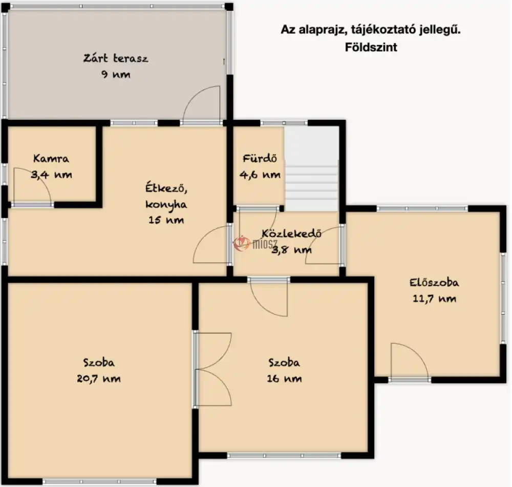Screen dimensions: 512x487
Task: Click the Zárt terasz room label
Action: pos(116,58)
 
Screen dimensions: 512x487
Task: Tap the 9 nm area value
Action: pos(116,74)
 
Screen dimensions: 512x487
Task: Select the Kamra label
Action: pos(51,159)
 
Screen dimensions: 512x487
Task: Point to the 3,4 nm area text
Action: pos(51,175)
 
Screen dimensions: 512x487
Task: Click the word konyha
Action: pos(166,205)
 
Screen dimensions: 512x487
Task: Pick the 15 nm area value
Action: pos(166,220)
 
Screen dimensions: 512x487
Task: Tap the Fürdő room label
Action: pos(260,159)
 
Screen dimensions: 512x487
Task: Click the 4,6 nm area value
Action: pos(260,175)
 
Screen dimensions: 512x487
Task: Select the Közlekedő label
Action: pos(292,233)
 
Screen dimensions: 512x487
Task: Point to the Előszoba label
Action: pos(434,282)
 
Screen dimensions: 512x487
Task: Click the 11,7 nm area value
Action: pos(434,299)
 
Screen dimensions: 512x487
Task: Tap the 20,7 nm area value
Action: pos(99,378)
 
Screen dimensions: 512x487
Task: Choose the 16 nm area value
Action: pos(284,378)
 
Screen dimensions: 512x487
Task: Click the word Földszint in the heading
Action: pos(371,47)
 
